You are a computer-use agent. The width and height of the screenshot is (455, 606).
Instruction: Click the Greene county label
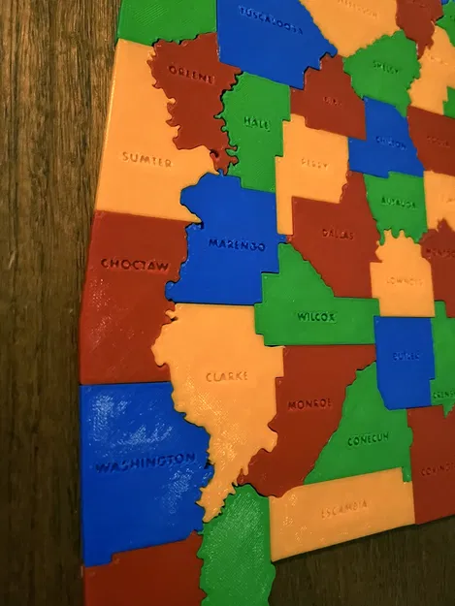click(191, 73)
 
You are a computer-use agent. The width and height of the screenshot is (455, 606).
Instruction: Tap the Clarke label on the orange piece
click(226, 375)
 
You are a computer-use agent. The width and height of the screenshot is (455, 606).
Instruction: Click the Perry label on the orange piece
click(313, 162)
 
